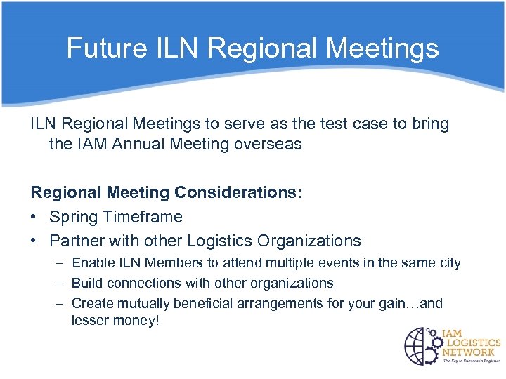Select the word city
pyautogui.click(x=448, y=263)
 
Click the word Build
pyautogui.click(x=87, y=284)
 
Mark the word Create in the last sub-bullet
pyautogui.click(x=93, y=304)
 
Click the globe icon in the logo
pyautogui.click(x=422, y=345)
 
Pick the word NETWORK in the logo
pyautogui.click(x=468, y=352)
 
